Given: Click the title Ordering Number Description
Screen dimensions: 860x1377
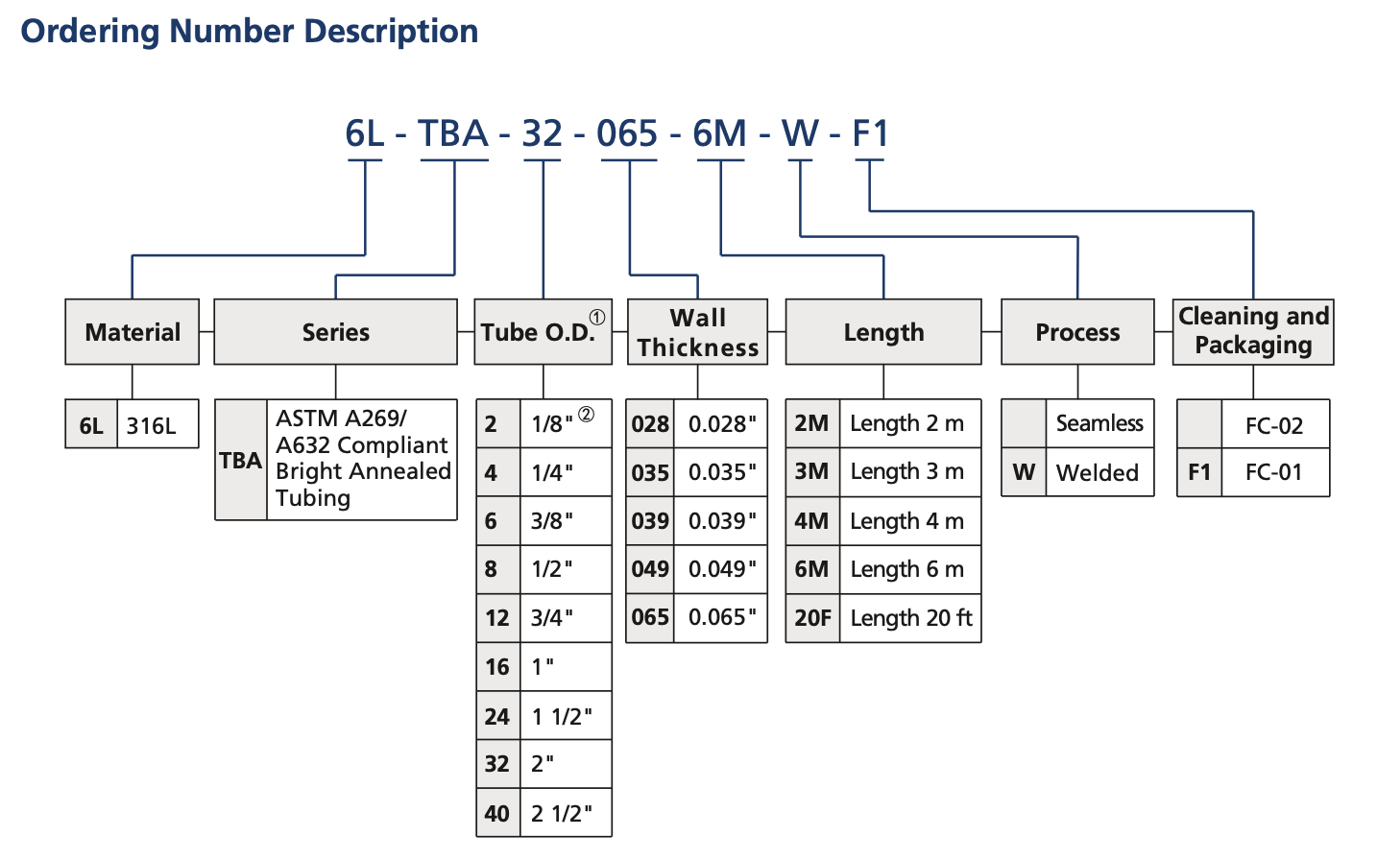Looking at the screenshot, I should point(250,31).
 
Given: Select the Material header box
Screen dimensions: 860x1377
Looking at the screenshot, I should point(133,332).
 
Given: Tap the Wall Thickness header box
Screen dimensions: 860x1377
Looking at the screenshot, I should point(697,332).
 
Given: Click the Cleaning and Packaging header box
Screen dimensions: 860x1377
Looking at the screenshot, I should point(1253,331).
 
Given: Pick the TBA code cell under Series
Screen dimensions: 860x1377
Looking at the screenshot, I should point(240,461).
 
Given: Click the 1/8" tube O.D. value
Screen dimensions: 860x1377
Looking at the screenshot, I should point(552,424).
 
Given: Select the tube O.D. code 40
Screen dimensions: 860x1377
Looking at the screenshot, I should point(497,814).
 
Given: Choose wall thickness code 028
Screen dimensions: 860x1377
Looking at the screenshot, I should point(650,424).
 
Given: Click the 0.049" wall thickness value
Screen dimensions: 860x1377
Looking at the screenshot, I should point(722,569).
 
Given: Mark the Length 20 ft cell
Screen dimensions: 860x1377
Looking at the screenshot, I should point(910,618).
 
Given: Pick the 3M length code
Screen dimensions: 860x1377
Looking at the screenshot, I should point(811,472).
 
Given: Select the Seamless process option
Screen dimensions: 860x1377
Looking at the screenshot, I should point(1099,423).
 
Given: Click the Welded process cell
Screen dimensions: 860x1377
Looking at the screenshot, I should point(1098,472).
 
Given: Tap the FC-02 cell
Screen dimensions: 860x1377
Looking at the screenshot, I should point(1274,425).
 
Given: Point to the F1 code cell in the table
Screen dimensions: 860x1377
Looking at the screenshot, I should point(1199,472).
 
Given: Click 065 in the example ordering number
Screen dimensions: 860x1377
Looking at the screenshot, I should point(627,133).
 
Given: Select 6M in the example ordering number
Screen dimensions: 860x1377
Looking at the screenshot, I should point(719,133).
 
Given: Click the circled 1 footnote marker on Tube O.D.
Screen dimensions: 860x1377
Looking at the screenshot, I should point(597,317).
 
